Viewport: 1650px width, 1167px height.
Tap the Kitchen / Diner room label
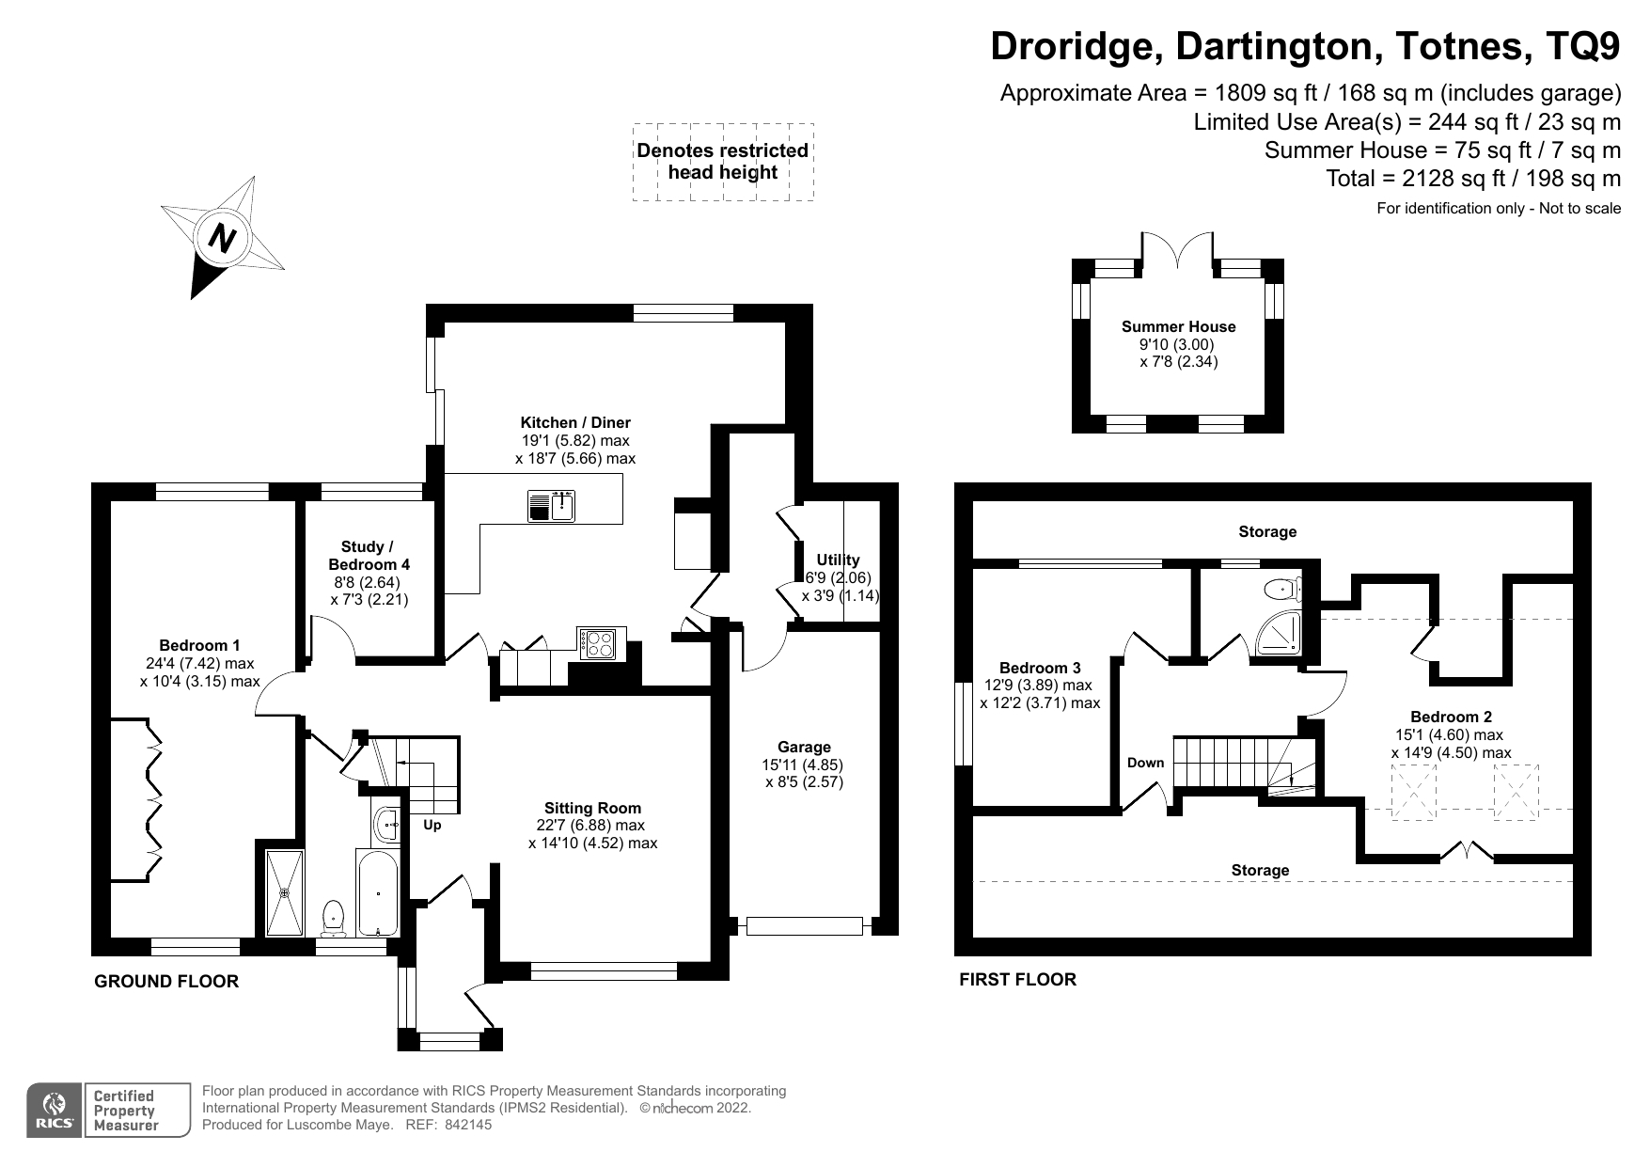pos(575,423)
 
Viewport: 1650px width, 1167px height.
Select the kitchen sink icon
pos(551,506)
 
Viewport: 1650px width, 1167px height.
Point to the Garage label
pos(804,748)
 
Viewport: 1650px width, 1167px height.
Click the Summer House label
pos(1178,327)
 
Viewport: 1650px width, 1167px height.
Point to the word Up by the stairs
pos(432,826)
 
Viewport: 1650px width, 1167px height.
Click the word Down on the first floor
pos(1145,763)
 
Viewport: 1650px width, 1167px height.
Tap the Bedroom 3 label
pos(1040,669)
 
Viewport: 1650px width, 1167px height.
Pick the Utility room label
pos(838,560)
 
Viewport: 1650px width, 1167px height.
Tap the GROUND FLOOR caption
pos(166,982)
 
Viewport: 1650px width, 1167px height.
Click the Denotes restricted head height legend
pos(722,162)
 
